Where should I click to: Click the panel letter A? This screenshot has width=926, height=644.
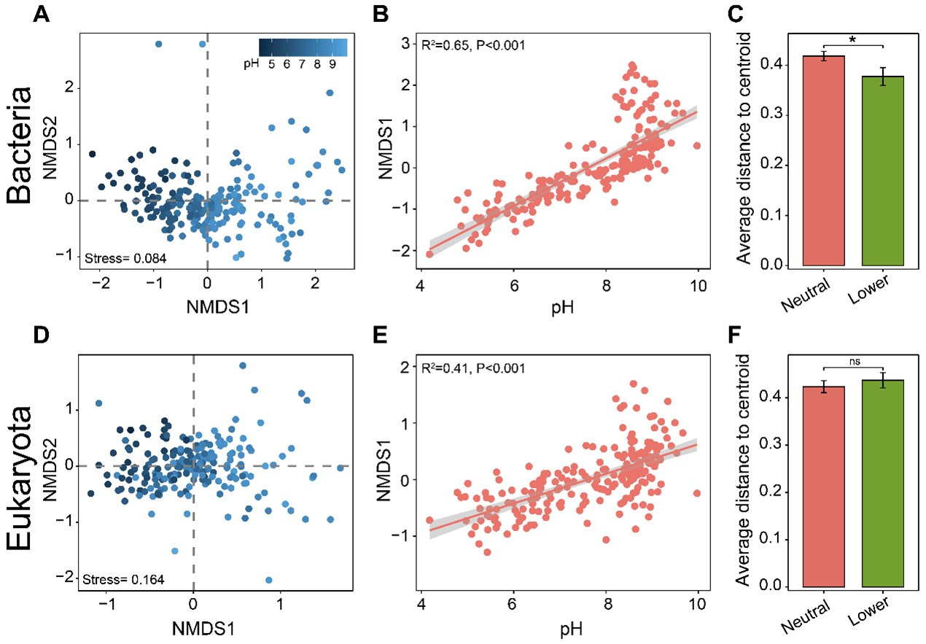44,14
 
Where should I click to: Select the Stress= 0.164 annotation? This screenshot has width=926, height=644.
124,580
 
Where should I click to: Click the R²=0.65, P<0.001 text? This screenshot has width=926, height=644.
474,46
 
